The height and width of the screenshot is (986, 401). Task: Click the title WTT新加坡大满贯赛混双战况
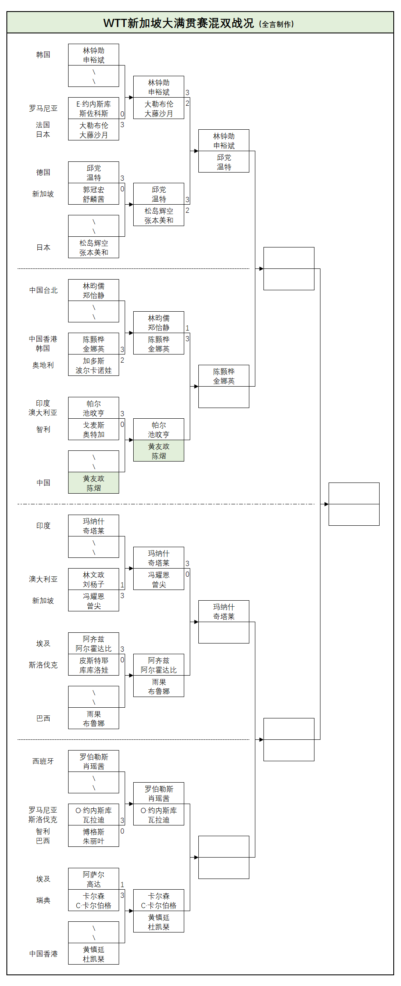tap(179, 23)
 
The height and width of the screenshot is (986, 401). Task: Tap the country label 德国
tap(43, 173)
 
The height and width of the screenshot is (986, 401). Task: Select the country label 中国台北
tap(43, 290)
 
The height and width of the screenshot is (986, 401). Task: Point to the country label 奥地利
tap(43, 365)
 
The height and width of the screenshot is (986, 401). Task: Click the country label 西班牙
tap(43, 761)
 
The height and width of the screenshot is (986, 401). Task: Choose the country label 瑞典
tap(43, 900)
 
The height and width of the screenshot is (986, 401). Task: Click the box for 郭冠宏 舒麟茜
tap(93, 194)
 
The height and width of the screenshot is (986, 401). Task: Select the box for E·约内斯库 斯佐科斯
tap(93, 108)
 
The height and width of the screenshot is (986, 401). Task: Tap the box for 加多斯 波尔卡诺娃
tap(93, 365)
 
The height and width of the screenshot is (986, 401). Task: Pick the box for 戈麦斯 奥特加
tap(93, 429)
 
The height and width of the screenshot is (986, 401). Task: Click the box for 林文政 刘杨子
tap(93, 579)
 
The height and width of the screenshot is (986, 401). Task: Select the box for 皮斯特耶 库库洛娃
tap(93, 665)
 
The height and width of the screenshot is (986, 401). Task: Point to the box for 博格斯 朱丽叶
tap(93, 836)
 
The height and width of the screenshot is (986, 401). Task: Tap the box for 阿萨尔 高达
tap(93, 879)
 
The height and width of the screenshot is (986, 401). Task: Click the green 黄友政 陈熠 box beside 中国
tap(93, 483)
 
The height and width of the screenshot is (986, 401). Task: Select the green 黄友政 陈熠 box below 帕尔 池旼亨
tap(159, 451)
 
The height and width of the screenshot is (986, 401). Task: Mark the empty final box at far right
tap(354, 504)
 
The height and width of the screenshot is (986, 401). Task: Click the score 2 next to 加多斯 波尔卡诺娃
tap(122, 360)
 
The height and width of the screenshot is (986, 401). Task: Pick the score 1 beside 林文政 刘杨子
tap(122, 585)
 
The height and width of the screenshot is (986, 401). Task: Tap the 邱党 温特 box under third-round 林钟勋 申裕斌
tap(224, 162)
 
